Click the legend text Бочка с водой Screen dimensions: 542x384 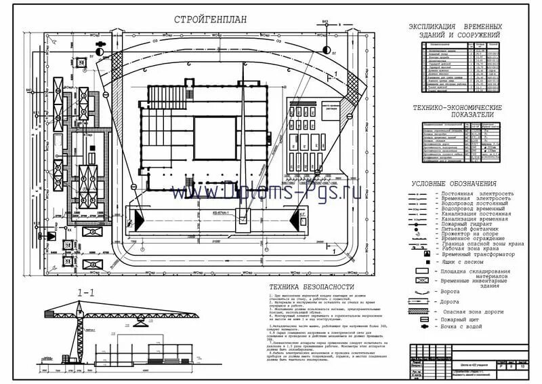coord(463,327)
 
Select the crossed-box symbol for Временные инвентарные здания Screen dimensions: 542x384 coord(421,281)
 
